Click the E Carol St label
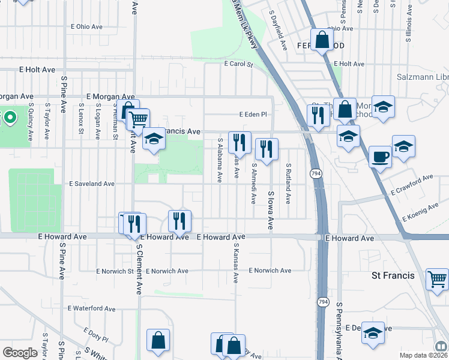coord(238,64)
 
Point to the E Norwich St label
coord(115,271)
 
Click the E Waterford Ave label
coord(91,308)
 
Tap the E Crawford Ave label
coord(412,185)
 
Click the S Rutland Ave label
coord(288,184)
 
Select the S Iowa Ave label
coord(271,211)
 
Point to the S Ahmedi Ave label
coord(254,184)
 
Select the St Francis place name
coord(393,275)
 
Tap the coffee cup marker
coord(380,156)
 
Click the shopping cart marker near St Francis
coord(436,278)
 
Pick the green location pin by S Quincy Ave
coord(10,116)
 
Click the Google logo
coord(20,353)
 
